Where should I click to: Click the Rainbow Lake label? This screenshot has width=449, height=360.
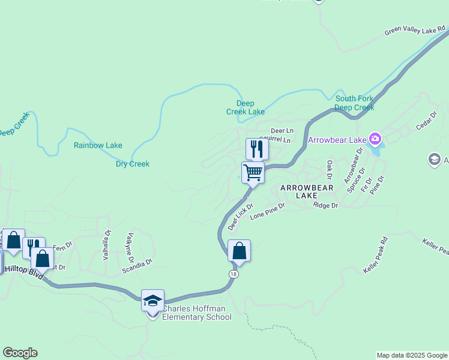98,145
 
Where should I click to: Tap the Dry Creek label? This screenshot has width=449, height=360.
133,164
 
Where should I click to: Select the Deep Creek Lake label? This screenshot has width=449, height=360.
246,107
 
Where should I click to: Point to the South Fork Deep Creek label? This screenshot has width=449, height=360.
354,103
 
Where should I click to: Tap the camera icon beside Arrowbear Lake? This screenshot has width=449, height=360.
375,140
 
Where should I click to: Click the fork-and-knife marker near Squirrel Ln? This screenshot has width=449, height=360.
257,149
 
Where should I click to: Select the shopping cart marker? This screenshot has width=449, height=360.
253,173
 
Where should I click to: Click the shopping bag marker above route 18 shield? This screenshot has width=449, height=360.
239,251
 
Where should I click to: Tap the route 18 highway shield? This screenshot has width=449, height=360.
232,274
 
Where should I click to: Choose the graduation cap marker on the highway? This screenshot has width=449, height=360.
152,301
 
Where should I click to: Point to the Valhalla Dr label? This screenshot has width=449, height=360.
107,245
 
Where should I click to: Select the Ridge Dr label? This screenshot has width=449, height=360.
326,205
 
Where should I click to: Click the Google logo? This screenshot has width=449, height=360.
20,353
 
